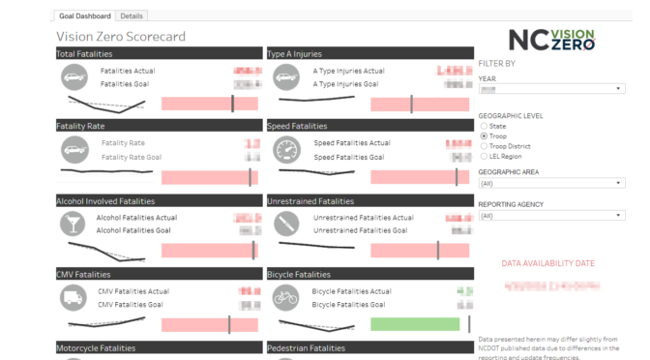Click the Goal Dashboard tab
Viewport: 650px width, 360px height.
(x=85, y=16)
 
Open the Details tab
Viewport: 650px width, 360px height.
(x=133, y=16)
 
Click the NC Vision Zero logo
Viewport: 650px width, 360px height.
(x=551, y=40)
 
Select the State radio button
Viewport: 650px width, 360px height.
(x=483, y=127)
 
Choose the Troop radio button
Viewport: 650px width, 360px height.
(x=483, y=136)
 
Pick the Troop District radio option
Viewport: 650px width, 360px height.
(x=483, y=146)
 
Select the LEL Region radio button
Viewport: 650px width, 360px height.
(x=483, y=156)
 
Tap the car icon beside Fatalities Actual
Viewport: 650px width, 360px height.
(x=74, y=77)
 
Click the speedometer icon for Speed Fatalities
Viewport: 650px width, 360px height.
(x=286, y=150)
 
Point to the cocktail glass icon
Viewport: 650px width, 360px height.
(x=74, y=225)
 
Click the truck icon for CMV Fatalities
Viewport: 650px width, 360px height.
(x=74, y=298)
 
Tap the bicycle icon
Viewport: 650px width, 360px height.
(x=286, y=298)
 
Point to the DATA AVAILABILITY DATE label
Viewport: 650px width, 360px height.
(x=547, y=263)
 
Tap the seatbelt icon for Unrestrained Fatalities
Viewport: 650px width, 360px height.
(x=286, y=225)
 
